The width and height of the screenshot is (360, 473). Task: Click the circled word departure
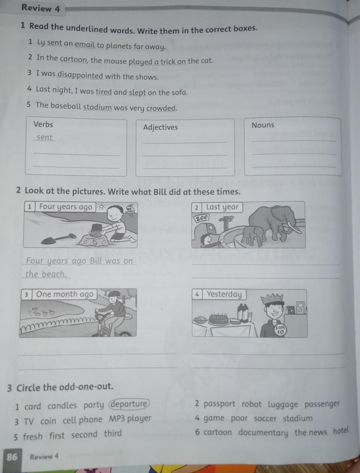(x=129, y=404)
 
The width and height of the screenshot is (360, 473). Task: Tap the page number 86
(x=12, y=456)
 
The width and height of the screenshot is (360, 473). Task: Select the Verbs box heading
(x=43, y=124)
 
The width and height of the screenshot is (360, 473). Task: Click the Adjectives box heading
(x=161, y=127)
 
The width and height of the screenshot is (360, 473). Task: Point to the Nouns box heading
(x=263, y=125)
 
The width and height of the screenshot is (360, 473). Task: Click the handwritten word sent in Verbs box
(x=44, y=137)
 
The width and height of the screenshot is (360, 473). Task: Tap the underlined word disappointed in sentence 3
(x=80, y=75)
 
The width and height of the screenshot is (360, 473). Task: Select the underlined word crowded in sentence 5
(x=161, y=108)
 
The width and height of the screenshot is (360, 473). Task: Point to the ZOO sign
(x=202, y=218)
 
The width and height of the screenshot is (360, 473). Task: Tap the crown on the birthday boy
(x=271, y=298)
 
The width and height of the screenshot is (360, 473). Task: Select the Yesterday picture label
(x=224, y=294)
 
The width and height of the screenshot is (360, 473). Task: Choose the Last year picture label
(x=222, y=207)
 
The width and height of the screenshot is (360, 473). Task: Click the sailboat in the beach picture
(x=130, y=209)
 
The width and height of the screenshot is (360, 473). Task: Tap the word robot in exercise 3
(x=251, y=404)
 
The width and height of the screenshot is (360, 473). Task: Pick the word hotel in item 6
(x=341, y=430)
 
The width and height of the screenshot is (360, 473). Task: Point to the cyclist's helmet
(x=113, y=294)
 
